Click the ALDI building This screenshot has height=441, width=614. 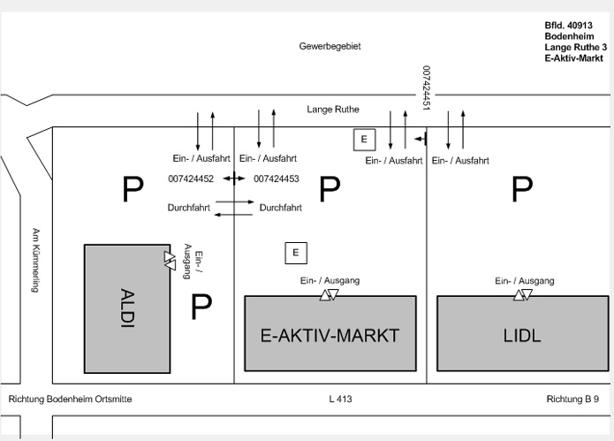click(x=127, y=308)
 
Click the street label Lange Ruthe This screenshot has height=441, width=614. click(x=332, y=110)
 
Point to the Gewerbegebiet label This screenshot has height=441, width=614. click(x=330, y=46)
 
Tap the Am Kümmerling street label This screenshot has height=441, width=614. click(x=36, y=257)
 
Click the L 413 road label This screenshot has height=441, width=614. click(x=340, y=399)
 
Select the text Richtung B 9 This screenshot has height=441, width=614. click(x=579, y=399)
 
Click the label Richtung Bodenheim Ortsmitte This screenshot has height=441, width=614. click(x=70, y=399)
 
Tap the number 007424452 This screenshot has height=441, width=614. click(x=190, y=179)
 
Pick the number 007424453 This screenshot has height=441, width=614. click(x=277, y=179)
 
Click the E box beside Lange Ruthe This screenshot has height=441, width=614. click(x=364, y=139)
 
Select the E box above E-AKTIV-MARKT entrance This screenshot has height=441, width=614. click(x=296, y=253)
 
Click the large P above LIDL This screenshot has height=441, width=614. click(x=522, y=188)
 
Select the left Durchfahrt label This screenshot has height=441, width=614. click(x=188, y=208)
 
